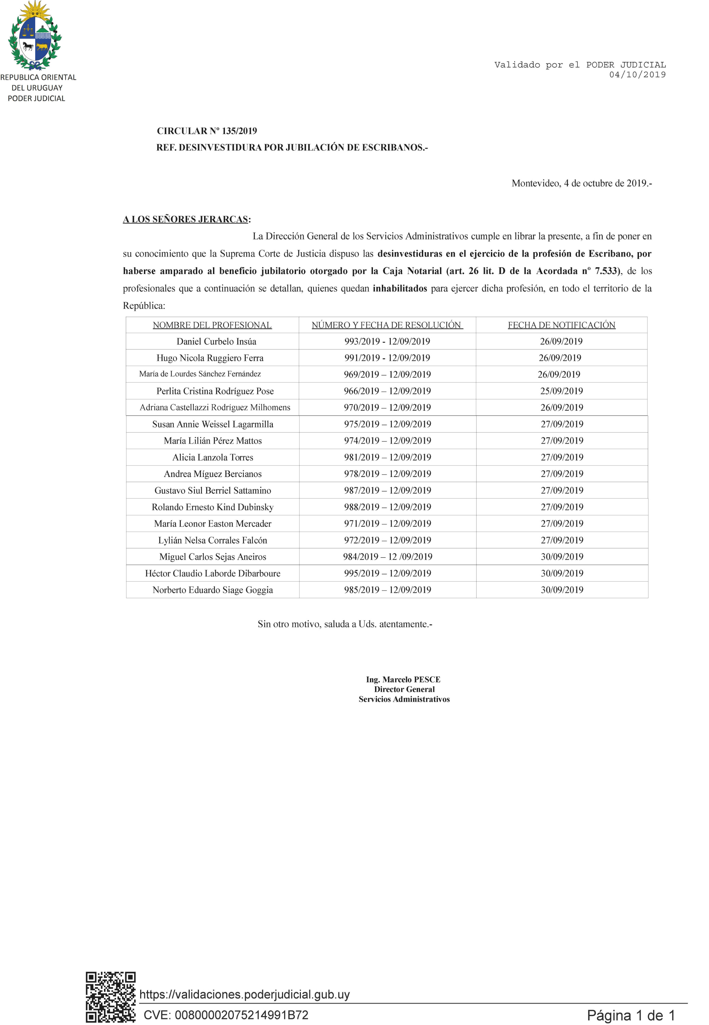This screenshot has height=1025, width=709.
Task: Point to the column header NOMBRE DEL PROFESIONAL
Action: [212, 325]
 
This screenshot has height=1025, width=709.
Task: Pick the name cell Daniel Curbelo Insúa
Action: [216, 341]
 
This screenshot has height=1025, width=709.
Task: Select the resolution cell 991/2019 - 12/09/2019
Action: [387, 358]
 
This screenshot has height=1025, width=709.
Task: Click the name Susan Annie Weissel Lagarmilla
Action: [212, 424]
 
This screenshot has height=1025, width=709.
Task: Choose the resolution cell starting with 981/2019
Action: [387, 457]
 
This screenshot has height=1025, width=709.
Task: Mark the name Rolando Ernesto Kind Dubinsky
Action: [212, 507]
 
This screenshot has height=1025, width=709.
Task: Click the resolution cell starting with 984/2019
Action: [387, 557]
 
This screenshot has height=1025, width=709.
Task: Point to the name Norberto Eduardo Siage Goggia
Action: [212, 590]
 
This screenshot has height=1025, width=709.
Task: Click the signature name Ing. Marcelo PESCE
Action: [403, 679]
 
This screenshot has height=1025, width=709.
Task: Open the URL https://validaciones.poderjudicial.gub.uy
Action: [244, 994]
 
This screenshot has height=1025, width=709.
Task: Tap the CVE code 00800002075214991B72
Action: [226, 1015]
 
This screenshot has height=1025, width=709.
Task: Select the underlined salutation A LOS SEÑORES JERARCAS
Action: [185, 219]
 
